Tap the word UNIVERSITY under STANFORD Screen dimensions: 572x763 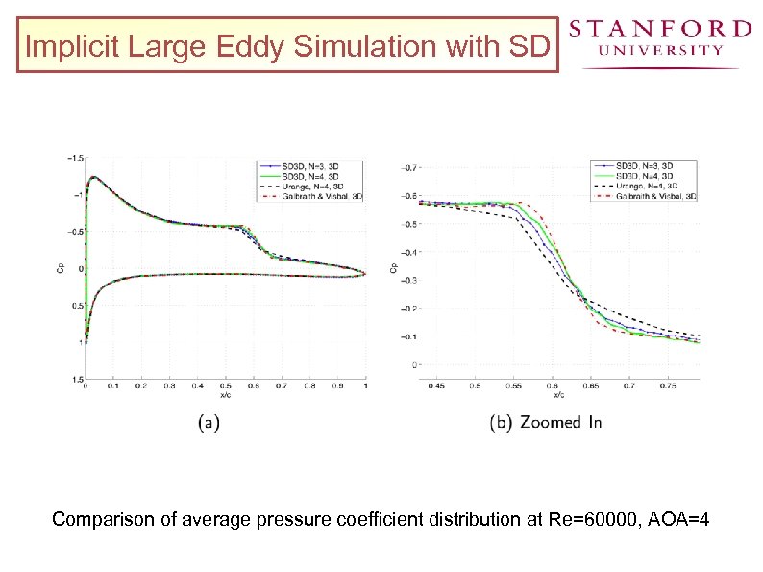(660, 51)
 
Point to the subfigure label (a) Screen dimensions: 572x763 (208, 422)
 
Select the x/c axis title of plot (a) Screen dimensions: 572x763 (225, 394)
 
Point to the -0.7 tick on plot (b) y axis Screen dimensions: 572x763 (409, 168)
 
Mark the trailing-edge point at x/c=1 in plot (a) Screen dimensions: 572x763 (365, 273)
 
